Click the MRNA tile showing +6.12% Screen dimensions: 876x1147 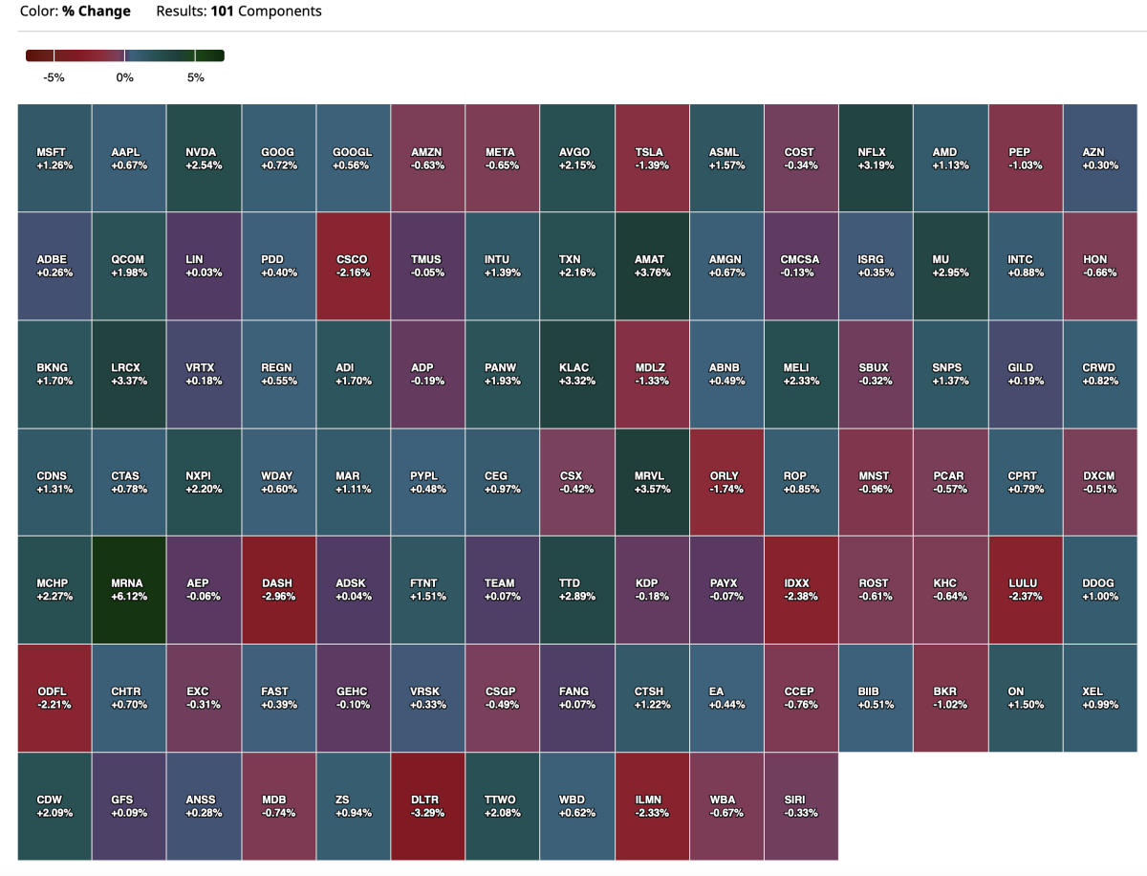click(129, 589)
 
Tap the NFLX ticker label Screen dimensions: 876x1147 click(876, 152)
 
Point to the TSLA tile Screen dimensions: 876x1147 click(652, 158)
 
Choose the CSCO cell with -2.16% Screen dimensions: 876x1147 click(353, 266)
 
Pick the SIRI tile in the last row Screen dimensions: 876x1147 click(801, 805)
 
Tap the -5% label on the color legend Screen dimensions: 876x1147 click(54, 77)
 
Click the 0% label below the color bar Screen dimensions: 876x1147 click(124, 77)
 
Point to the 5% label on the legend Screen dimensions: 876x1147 click(196, 77)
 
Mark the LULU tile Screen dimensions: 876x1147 click(1025, 589)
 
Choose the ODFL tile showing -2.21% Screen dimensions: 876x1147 click(54, 697)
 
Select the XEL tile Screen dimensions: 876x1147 click(1099, 697)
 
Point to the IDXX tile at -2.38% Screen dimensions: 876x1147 click(801, 589)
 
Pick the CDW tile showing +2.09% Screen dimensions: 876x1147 click(54, 805)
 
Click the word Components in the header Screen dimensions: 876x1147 click(280, 11)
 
